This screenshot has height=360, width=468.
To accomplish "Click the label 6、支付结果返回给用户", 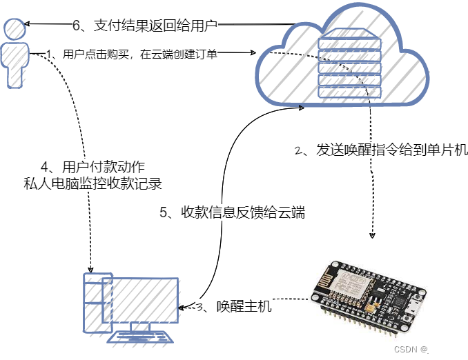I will coord(145,26).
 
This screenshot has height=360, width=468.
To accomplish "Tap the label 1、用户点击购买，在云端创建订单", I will coord(131,54).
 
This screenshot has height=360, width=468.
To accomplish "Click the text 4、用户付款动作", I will coord(93,168).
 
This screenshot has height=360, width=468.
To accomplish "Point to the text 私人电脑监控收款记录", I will coord(93,183).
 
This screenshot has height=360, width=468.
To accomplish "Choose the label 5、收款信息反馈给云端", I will coord(232,212).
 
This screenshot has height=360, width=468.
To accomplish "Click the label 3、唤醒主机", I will coord(234,307).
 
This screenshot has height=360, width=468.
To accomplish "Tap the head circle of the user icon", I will coord(15,28).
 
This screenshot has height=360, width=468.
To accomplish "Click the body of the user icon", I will coord(15,66).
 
